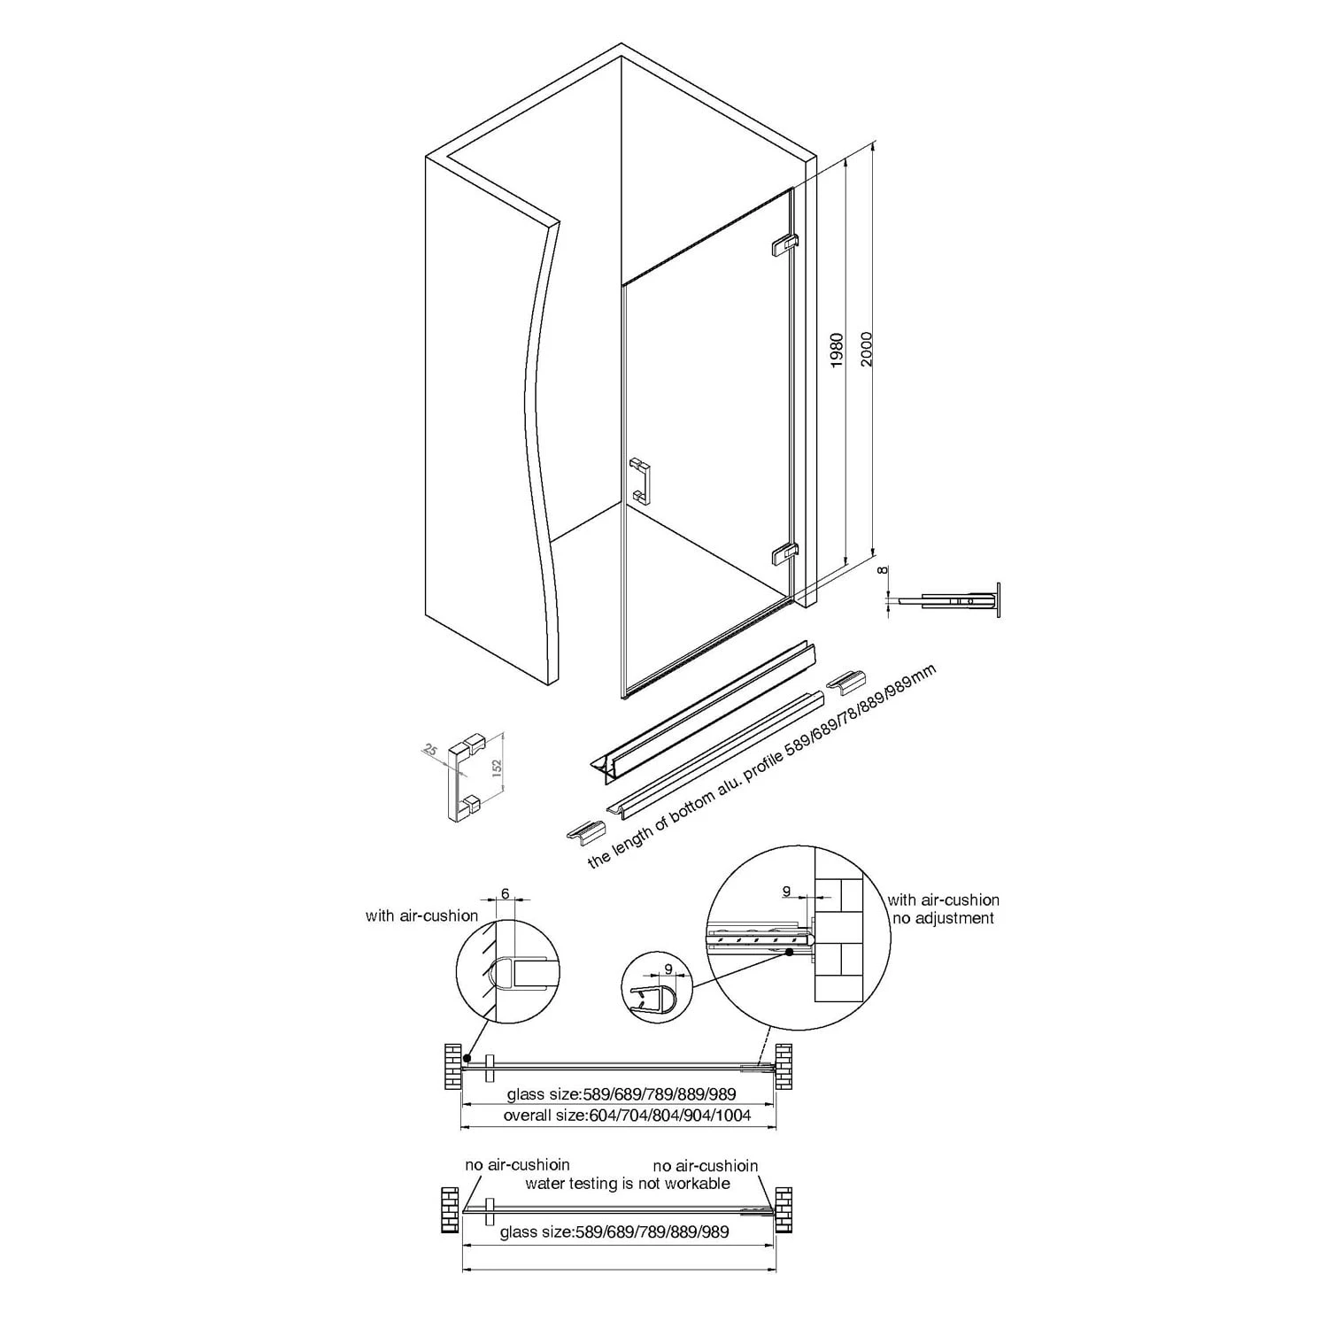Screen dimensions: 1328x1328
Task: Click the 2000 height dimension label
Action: coord(866,349)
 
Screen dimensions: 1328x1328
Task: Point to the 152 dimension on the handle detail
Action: coord(497,766)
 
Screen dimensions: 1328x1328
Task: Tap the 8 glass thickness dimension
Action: coord(882,571)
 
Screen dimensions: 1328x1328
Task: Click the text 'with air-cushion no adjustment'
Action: coord(943,909)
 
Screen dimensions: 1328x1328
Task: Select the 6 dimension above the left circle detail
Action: coord(506,894)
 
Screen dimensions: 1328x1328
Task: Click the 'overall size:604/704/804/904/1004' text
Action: coord(627,1116)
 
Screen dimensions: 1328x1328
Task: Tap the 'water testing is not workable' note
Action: coord(628,1184)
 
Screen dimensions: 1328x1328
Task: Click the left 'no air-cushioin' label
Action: coord(518,1165)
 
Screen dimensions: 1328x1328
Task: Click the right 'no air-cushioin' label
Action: coord(706,1166)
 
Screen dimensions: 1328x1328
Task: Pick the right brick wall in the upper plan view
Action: coord(784,1066)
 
